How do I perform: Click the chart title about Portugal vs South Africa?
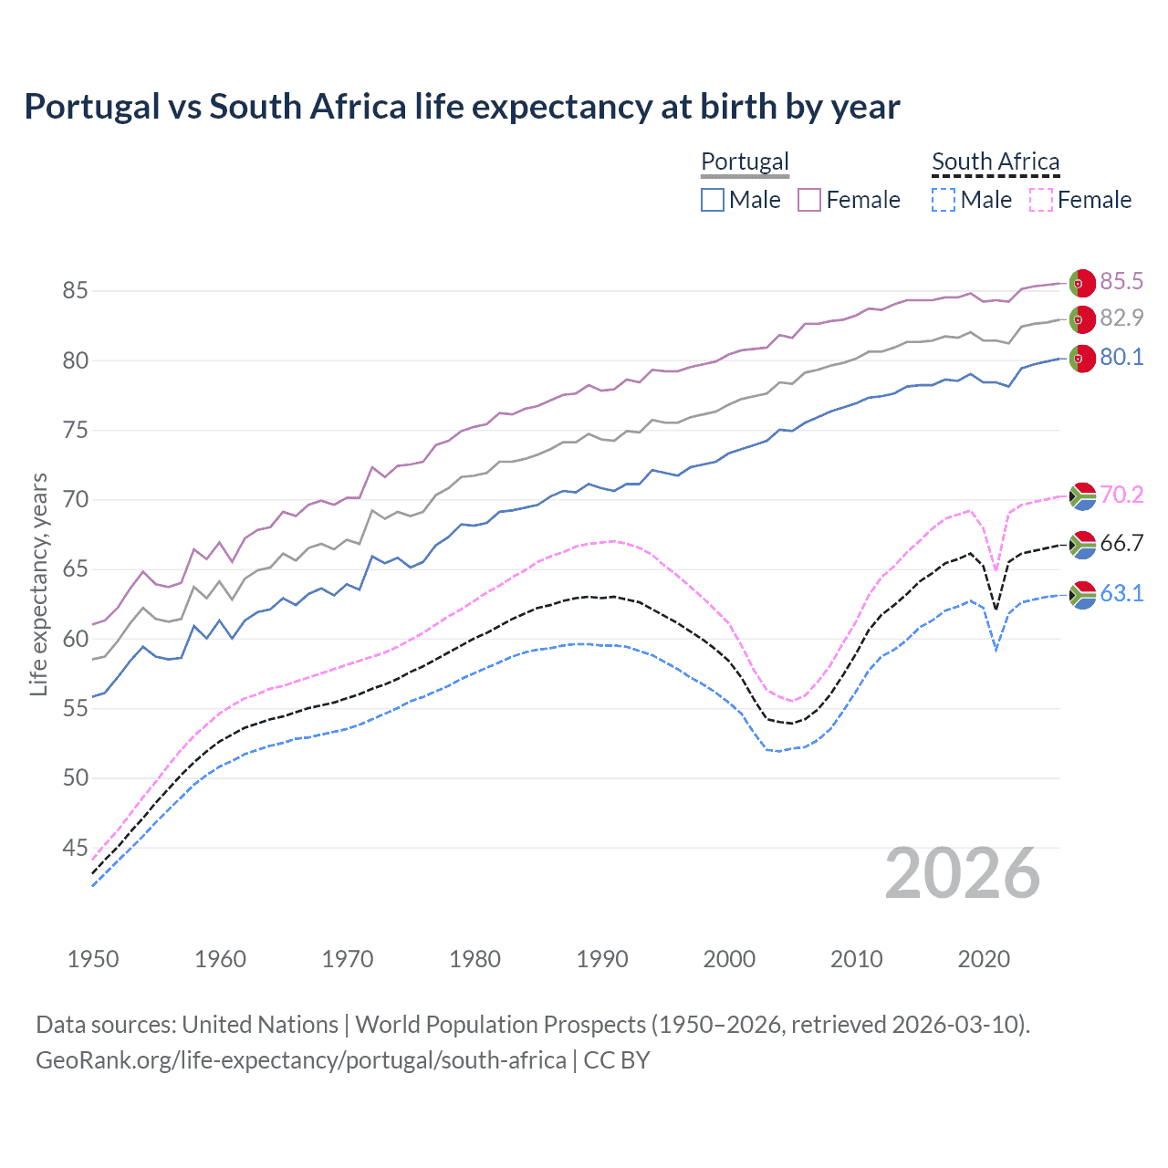coord(462,107)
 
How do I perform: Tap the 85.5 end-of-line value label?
coord(1121,281)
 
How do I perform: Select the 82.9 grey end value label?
coord(1121,318)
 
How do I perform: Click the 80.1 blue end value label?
coord(1121,357)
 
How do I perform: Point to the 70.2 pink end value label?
coord(1121,495)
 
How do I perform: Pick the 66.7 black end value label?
coord(1121,544)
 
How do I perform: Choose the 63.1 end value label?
coord(1121,593)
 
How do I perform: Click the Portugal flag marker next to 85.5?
coord(1081,283)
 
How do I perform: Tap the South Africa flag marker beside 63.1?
coord(1081,595)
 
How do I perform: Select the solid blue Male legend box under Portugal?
coord(713,200)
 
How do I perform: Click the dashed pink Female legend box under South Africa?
coord(1041,200)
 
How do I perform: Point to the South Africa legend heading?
coord(996,162)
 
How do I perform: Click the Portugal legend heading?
coord(745,162)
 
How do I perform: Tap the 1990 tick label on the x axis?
coord(602,959)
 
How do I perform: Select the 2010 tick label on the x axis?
coord(856,959)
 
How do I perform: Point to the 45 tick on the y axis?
coord(75,848)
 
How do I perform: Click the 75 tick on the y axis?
coord(75,430)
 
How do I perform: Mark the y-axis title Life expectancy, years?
coord(38,584)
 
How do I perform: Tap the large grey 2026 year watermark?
coord(962,873)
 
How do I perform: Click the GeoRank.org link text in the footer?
coord(301,1060)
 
